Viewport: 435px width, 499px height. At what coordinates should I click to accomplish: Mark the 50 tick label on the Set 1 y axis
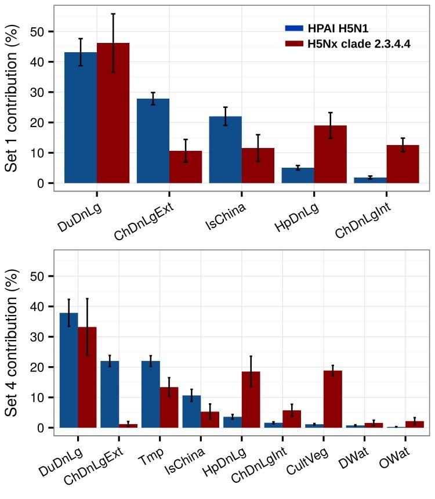[x=39, y=31]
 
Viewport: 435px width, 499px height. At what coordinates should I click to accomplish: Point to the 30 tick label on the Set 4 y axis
[x=39, y=337]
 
